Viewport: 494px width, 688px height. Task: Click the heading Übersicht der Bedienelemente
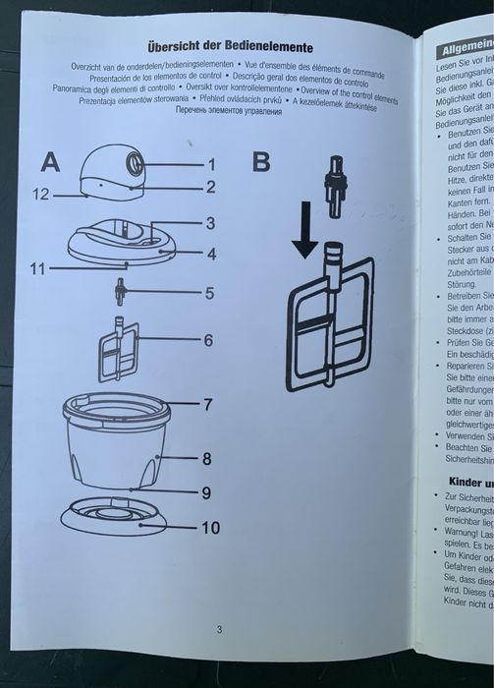pyautogui.click(x=230, y=46)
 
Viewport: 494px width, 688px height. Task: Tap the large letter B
pyautogui.click(x=260, y=162)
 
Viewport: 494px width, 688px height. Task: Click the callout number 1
pyautogui.click(x=209, y=164)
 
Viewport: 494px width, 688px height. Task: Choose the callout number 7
pyautogui.click(x=208, y=404)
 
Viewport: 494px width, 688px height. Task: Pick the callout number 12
pyautogui.click(x=39, y=195)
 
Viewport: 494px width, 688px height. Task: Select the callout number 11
pyautogui.click(x=37, y=266)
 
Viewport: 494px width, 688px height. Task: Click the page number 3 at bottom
pyautogui.click(x=220, y=630)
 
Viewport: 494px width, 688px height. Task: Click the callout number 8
pyautogui.click(x=208, y=458)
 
